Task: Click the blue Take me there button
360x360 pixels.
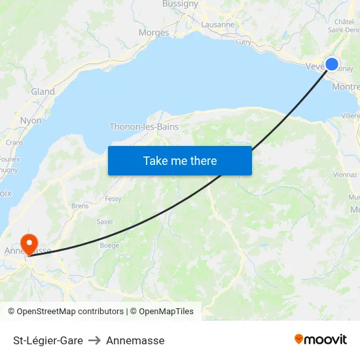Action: [180, 160]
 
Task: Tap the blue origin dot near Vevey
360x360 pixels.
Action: [332, 64]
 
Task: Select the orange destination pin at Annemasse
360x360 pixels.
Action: [29, 244]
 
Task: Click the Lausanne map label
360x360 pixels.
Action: [218, 24]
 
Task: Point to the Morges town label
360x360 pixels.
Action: [154, 33]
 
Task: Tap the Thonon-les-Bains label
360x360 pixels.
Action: [144, 126]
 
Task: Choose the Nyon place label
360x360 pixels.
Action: [31, 120]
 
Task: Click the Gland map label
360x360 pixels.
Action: [43, 92]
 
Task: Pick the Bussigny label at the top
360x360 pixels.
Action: [180, 4]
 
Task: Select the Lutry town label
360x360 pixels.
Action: [243, 42]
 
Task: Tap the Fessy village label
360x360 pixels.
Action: [113, 198]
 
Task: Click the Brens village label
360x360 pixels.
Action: [80, 206]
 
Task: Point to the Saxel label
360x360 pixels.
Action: [105, 222]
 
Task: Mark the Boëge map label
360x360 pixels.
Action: [109, 245]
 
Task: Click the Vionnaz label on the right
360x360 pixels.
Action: [345, 175]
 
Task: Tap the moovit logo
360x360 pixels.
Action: [321, 340]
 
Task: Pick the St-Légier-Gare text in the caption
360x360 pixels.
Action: [48, 340]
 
